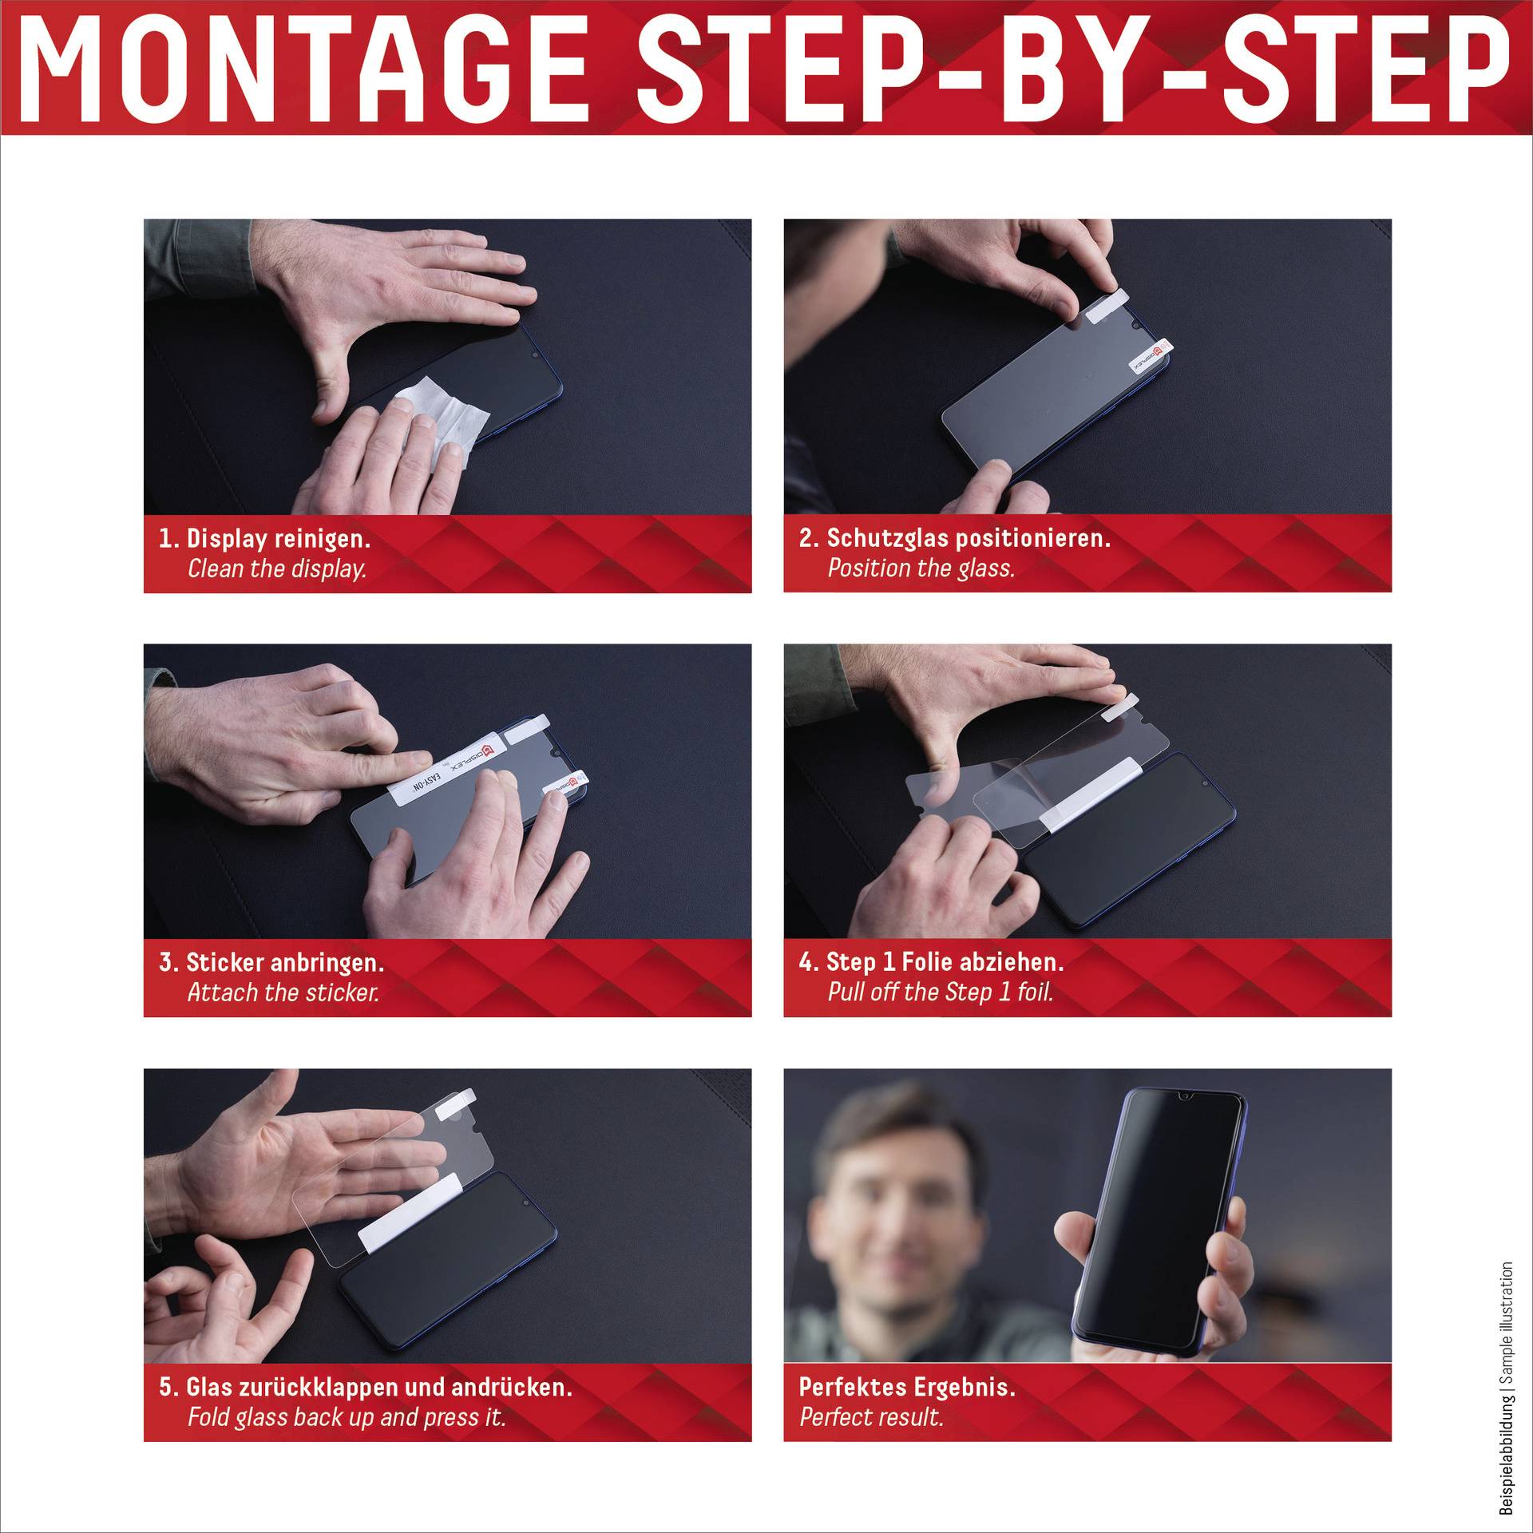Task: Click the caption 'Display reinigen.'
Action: (278, 538)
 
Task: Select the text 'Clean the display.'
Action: (277, 568)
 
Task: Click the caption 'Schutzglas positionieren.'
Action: (968, 537)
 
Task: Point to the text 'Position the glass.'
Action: (921, 568)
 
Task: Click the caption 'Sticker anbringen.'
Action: (285, 962)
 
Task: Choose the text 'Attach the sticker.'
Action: (283, 992)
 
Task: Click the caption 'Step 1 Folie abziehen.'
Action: (945, 961)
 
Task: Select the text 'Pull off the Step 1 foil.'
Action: (941, 992)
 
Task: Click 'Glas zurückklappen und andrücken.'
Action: (379, 1387)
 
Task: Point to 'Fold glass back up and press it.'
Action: (347, 1417)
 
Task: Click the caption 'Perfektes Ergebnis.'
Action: (907, 1387)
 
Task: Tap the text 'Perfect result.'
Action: (871, 1417)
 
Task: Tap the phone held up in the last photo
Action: (1158, 1222)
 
